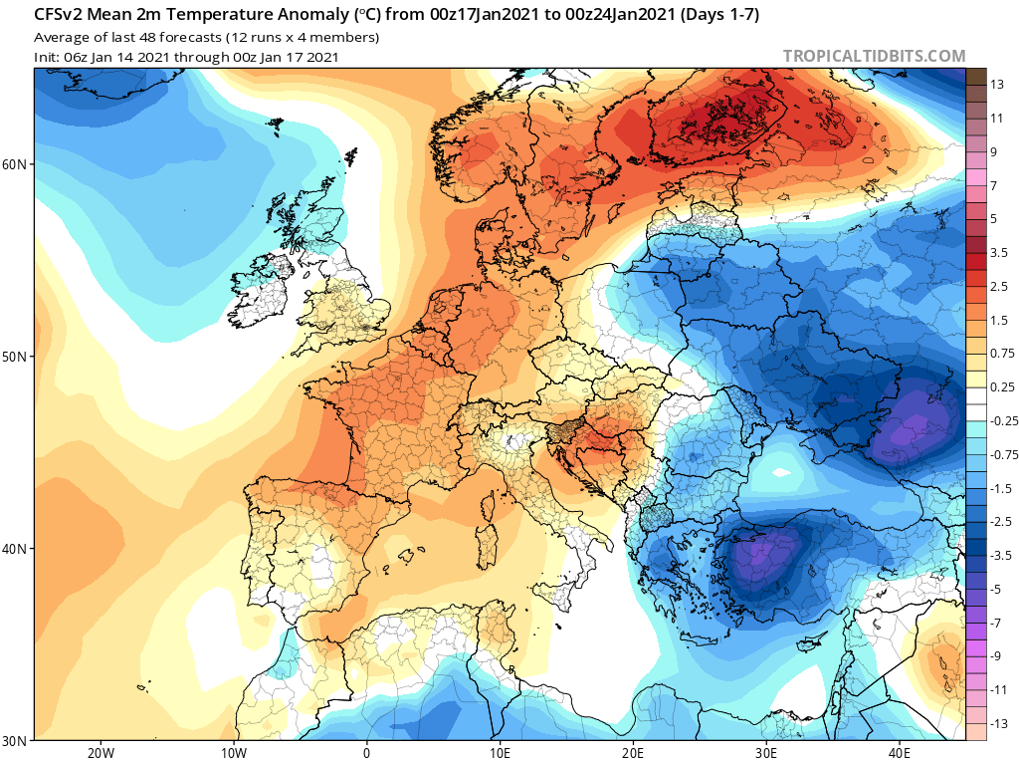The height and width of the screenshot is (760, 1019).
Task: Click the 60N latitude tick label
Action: point(16,163)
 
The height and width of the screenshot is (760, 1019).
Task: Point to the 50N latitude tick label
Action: point(16,356)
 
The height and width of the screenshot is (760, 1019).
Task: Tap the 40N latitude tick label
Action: point(16,549)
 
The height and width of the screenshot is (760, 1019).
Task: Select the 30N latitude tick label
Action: point(16,740)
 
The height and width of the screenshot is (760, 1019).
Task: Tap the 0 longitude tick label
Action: point(366,752)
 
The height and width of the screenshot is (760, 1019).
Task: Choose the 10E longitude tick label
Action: point(501,752)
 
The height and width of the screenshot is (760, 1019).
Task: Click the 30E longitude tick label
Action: point(767,752)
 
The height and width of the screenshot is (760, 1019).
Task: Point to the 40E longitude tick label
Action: point(901,752)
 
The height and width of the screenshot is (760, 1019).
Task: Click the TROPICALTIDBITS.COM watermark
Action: point(874,57)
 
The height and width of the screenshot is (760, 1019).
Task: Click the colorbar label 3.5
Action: point(999,253)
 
